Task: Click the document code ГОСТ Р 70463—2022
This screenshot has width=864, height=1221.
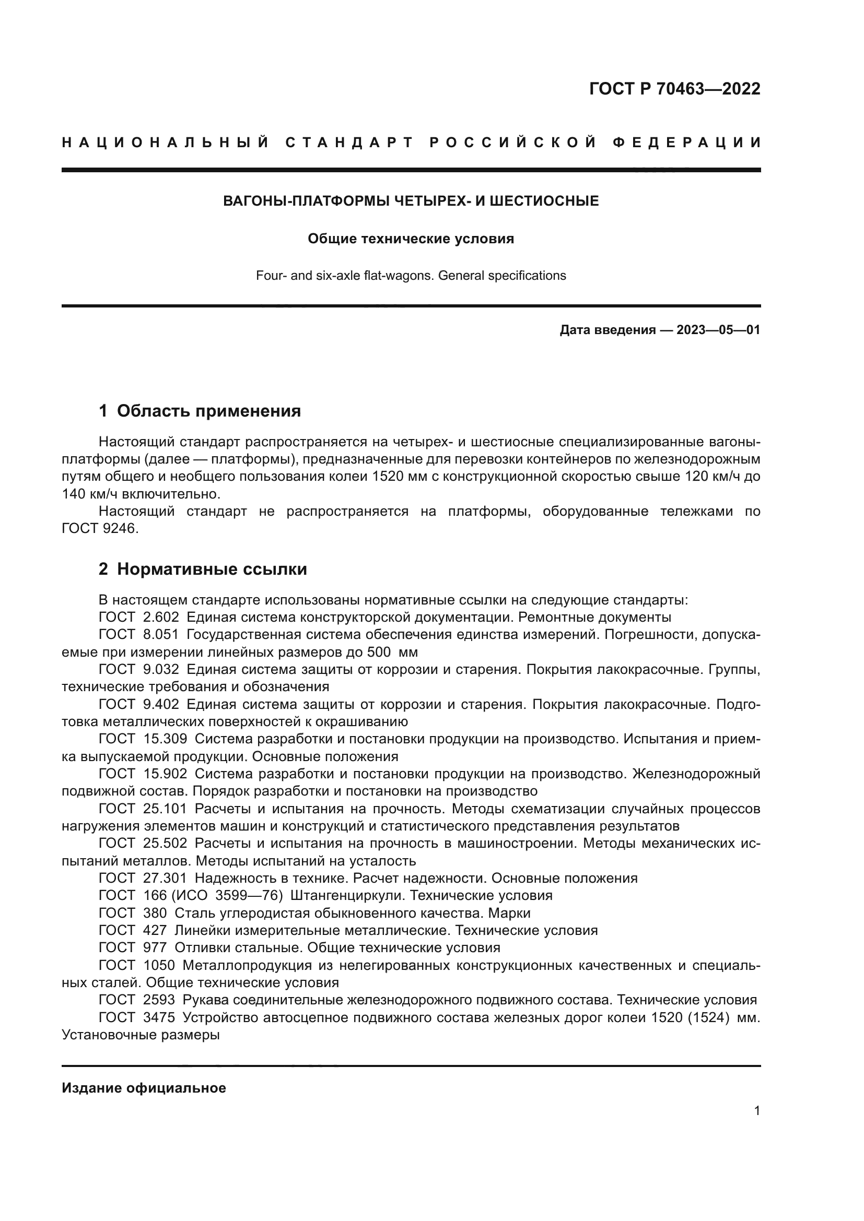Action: [674, 89]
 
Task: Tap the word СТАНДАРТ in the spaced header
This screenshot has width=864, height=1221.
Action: [349, 143]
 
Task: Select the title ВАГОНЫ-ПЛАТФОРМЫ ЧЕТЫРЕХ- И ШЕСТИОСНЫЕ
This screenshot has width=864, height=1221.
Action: [411, 201]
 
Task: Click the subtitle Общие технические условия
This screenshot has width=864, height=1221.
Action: [411, 239]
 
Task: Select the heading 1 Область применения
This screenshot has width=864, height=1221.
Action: [200, 411]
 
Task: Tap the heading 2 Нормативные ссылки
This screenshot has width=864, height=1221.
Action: [203, 570]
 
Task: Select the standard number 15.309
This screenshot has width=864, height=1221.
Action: [165, 739]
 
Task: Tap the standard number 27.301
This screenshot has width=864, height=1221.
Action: [165, 878]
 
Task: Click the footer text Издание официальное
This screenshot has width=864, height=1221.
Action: [144, 1088]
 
